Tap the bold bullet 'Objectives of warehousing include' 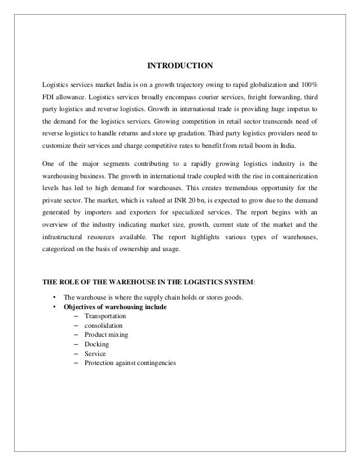click(x=115, y=307)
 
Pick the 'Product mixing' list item click(x=106, y=335)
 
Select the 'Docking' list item click(x=96, y=344)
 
